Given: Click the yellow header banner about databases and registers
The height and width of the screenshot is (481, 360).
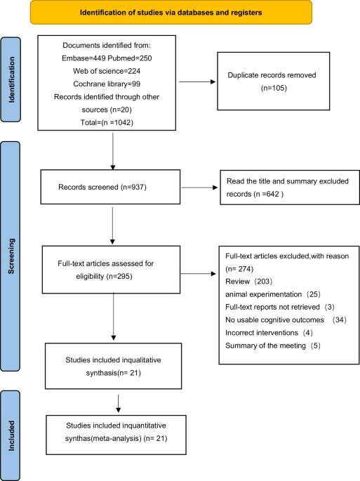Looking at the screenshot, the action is (x=171, y=12).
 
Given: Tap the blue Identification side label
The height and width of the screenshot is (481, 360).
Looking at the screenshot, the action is (x=11, y=79).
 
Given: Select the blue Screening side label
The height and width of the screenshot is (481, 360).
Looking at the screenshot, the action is (x=11, y=256).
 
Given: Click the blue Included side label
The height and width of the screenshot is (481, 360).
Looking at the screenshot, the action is (x=11, y=435).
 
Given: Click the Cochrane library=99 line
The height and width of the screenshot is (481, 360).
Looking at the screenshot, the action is (x=107, y=84).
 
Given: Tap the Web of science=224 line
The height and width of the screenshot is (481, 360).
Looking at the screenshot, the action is (x=107, y=71).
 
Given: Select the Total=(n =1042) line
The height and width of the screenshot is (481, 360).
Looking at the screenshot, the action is (x=107, y=122).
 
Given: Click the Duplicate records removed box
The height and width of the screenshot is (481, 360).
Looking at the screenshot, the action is (x=274, y=81).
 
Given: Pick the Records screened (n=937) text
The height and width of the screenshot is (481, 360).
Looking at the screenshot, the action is (x=102, y=187).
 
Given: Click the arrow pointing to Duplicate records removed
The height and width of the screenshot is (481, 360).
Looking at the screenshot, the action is (x=197, y=82).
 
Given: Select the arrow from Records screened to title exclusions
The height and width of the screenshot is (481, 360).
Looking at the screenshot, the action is (x=199, y=187).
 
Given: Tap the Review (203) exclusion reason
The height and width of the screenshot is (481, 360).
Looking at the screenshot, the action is (x=248, y=282).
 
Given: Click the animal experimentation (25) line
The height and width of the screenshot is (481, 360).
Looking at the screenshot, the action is (x=273, y=294).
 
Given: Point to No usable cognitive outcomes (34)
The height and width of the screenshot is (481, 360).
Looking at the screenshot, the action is (x=286, y=319).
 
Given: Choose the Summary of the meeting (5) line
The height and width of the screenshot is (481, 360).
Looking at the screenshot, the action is (x=273, y=345).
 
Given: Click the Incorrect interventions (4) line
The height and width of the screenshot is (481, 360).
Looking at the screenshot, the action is (x=269, y=333).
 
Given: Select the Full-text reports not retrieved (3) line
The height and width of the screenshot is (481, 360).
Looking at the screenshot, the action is (x=280, y=307).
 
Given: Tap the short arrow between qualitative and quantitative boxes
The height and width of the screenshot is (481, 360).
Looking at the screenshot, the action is (x=119, y=404).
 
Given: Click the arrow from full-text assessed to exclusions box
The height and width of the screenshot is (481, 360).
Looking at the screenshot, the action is (x=198, y=274).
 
